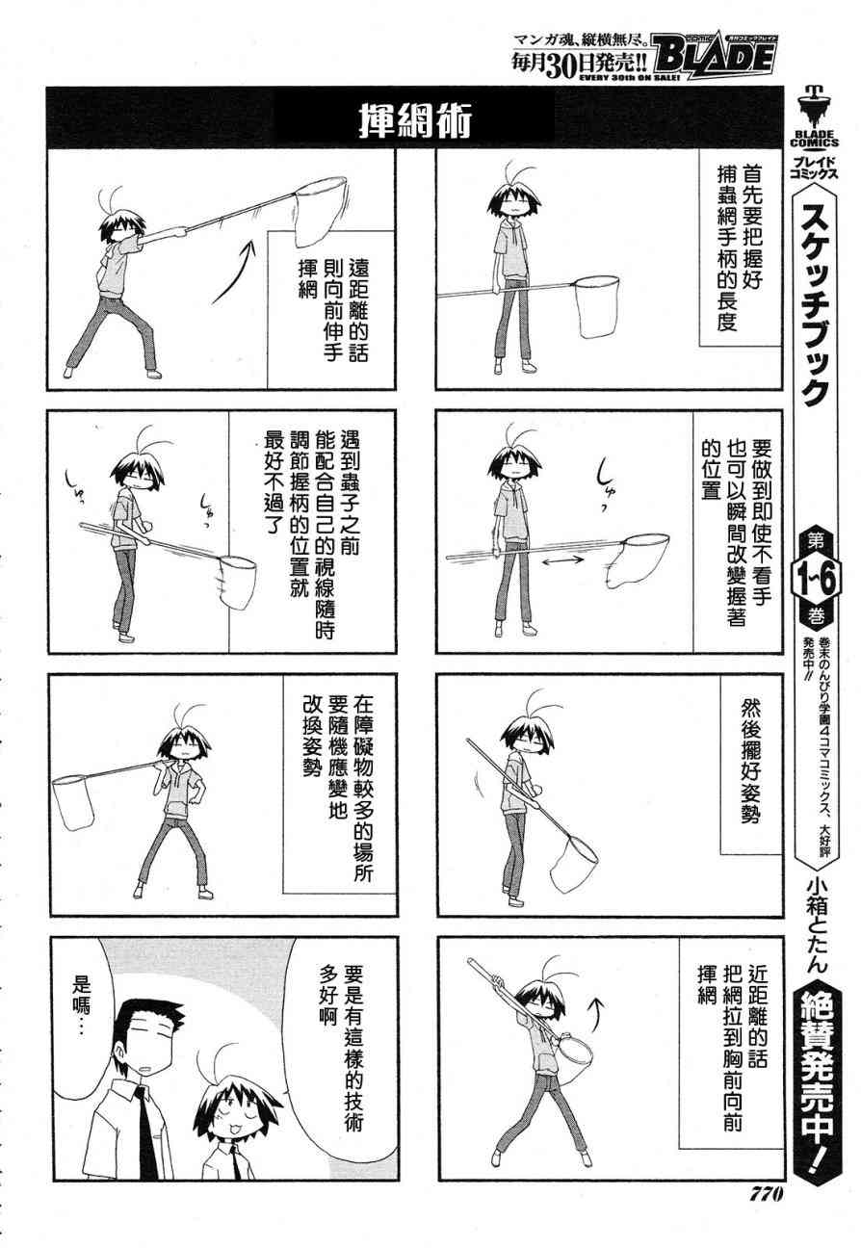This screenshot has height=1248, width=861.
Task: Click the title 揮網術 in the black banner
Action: (x=415, y=121)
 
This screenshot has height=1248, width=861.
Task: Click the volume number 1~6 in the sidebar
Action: (x=817, y=580)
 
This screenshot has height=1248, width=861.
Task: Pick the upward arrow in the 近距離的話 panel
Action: (x=597, y=1017)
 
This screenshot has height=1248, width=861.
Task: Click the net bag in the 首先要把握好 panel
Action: (x=597, y=306)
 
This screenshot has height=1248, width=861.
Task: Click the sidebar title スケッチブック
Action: (x=816, y=303)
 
